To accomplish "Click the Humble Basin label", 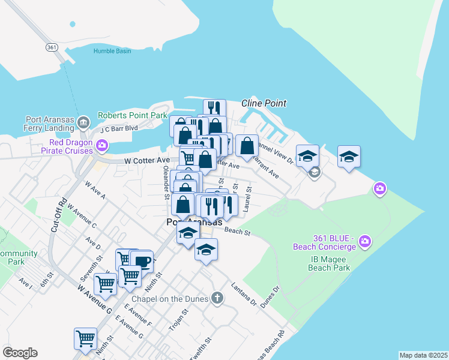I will pyautogui.click(x=112, y=51).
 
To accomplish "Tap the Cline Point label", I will pyautogui.click(x=264, y=103).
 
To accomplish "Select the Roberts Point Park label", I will pyautogui.click(x=132, y=115).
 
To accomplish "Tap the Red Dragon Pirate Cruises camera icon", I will pyautogui.click(x=101, y=145).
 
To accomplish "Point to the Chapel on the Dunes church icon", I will pyautogui.click(x=217, y=298).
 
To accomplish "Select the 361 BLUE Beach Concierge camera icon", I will pyautogui.click(x=364, y=242).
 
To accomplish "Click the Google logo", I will pyautogui.click(x=20, y=353).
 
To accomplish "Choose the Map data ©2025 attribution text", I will pyautogui.click(x=423, y=355).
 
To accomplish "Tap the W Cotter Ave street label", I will pyautogui.click(x=147, y=161).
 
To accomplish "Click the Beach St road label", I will pyautogui.click(x=237, y=231).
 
